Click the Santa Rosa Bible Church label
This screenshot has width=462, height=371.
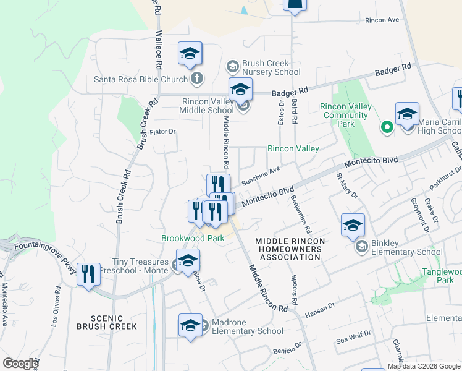click(x=140, y=79)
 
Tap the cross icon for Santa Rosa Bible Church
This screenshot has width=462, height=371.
click(x=196, y=79)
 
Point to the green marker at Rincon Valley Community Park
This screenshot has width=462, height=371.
click(x=387, y=128)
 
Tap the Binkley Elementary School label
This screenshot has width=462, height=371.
click(x=406, y=252)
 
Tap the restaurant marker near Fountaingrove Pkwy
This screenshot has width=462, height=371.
click(x=88, y=274)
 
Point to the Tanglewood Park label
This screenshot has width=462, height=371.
click(x=441, y=276)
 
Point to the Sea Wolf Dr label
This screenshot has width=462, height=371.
click(x=353, y=337)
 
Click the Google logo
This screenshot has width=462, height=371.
click(x=20, y=364)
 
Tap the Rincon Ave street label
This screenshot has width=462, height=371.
click(x=382, y=20)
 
